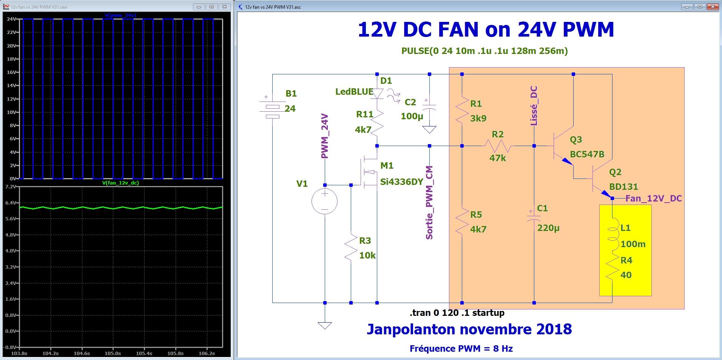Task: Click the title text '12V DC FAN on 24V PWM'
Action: (486, 30)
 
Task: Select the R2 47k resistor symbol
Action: (498, 146)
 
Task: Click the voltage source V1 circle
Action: (325, 202)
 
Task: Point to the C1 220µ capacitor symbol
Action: (534, 219)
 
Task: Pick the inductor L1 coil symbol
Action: (612, 234)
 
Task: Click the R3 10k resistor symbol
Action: (351, 247)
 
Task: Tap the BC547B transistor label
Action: (587, 154)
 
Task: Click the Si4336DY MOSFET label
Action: (401, 182)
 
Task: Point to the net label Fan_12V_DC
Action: (653, 198)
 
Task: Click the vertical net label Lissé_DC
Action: (534, 106)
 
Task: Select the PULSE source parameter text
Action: (484, 51)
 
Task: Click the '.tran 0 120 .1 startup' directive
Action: (457, 313)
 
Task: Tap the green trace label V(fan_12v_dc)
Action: (120, 183)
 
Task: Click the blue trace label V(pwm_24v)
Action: (120, 15)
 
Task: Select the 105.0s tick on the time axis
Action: (113, 353)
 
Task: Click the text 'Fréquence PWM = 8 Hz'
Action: (461, 348)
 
